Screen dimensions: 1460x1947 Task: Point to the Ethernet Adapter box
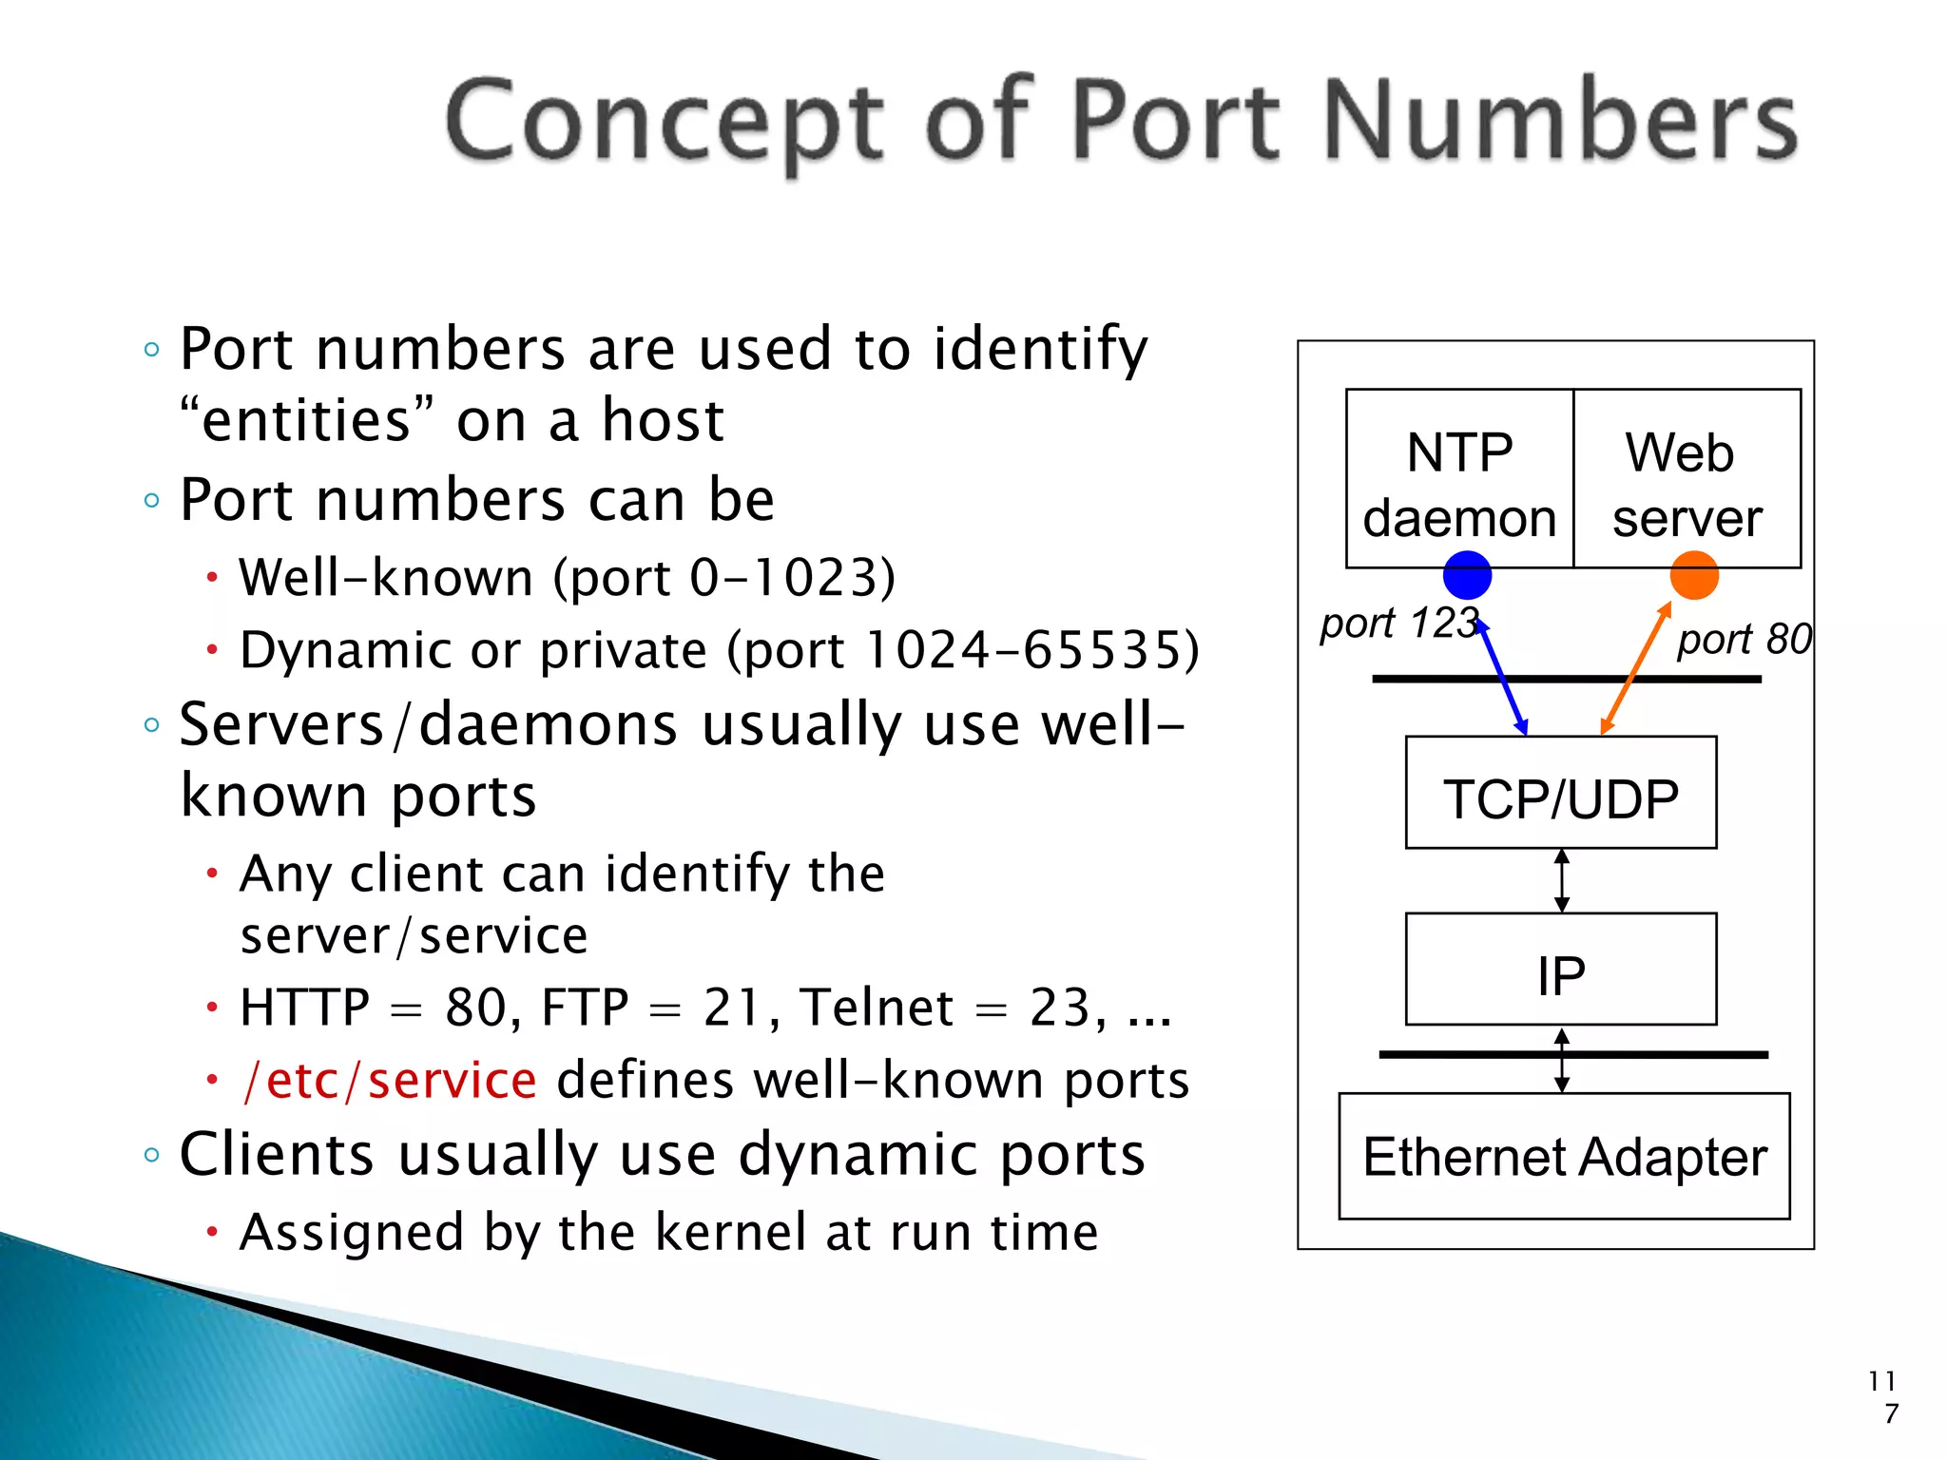1564,1156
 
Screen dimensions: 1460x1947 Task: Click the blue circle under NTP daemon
1467,576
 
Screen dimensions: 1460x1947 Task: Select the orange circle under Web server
1694,576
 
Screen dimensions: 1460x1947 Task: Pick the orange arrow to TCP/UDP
1635,669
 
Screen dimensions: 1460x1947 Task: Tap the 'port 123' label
1398,624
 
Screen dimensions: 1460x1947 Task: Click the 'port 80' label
1744,639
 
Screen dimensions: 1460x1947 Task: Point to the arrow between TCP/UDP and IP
1561,881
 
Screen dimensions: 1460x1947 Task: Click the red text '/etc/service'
390,1081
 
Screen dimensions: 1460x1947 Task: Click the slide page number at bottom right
1883,1396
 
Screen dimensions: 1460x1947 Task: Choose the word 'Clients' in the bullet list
277,1155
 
